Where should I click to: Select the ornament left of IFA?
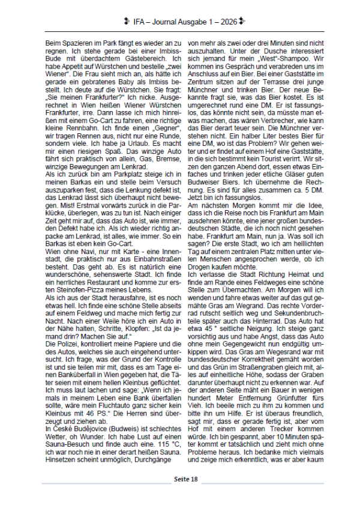coord(127,21)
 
